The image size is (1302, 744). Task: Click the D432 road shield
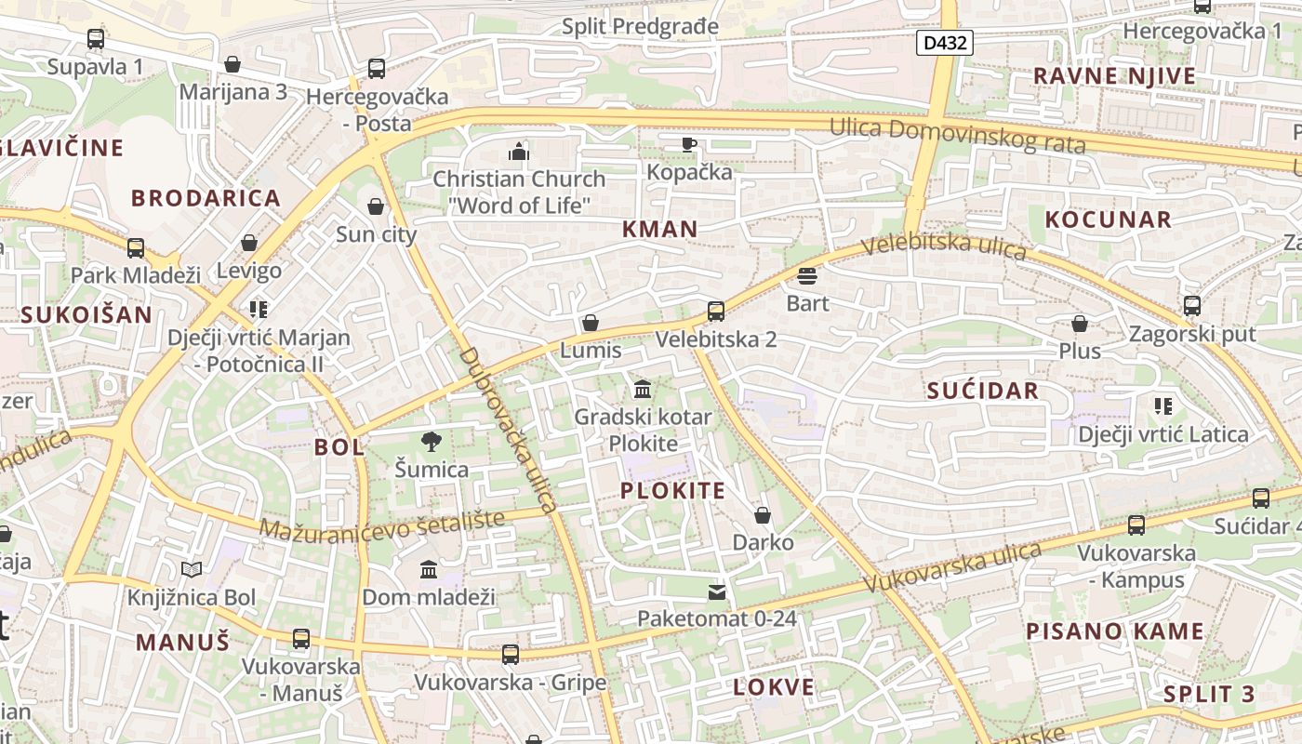pyautogui.click(x=944, y=42)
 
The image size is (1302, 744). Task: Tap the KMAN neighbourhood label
pyautogui.click(x=659, y=230)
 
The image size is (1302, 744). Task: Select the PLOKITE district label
pyautogui.click(x=672, y=491)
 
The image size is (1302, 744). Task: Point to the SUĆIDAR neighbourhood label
pyautogui.click(x=982, y=391)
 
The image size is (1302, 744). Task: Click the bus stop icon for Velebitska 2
pyautogui.click(x=715, y=312)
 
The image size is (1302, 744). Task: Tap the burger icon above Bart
pyautogui.click(x=806, y=276)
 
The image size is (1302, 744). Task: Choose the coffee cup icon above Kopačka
pyautogui.click(x=688, y=144)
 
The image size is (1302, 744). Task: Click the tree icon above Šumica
pyautogui.click(x=431, y=441)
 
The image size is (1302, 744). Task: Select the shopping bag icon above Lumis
pyautogui.click(x=590, y=324)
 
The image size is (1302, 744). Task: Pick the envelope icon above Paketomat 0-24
pyautogui.click(x=716, y=591)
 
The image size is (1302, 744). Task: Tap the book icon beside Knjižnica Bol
pyautogui.click(x=192, y=569)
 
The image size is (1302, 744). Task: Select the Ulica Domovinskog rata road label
pyautogui.click(x=958, y=136)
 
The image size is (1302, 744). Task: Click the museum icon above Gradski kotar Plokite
pyautogui.click(x=642, y=389)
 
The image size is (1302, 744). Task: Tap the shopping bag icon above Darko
pyautogui.click(x=763, y=515)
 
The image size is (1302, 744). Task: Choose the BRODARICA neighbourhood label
pyautogui.click(x=206, y=198)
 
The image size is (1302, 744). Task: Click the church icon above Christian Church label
pyautogui.click(x=518, y=152)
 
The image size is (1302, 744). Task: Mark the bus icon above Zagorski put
pyautogui.click(x=1191, y=305)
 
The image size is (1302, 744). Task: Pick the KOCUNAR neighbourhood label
pyautogui.click(x=1108, y=219)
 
